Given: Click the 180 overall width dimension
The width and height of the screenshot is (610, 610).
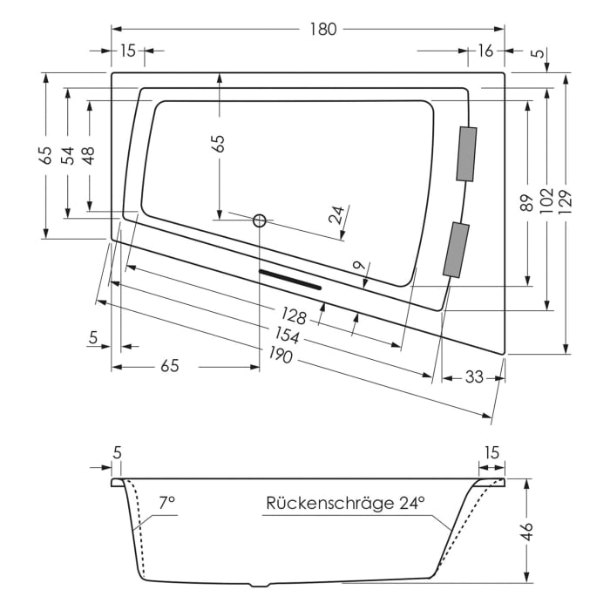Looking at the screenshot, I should pos(322,29).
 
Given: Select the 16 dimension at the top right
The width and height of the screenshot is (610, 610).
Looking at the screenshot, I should pos(485,51).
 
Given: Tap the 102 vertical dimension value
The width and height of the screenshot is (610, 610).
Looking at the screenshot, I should pos(546,200).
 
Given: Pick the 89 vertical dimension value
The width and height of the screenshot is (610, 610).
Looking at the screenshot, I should pos(526,203).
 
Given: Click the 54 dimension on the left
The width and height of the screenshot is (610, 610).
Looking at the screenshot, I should pos(67,155).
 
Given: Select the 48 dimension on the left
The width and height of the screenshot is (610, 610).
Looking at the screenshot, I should pos(88,155).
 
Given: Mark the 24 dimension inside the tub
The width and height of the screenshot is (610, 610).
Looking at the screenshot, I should pos(336,215).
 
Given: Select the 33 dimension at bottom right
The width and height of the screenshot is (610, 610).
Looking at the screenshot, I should pos(473,377).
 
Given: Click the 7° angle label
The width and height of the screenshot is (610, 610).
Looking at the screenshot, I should pos(166,503).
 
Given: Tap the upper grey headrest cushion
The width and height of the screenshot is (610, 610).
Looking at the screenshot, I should pos(466,154).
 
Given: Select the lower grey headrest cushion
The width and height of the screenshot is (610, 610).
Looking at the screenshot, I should pos(456,250).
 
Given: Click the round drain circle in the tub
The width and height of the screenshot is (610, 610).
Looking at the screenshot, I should pos(259,220).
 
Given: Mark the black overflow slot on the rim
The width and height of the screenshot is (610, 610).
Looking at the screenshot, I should pos(290,279).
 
